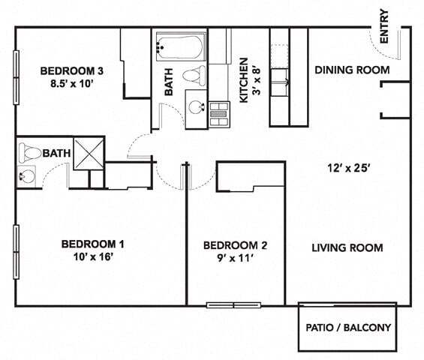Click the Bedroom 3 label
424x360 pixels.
click(71, 71)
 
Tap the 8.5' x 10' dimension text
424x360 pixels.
click(72, 84)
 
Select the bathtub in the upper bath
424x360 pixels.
click(180, 46)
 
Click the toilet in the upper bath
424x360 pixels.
click(194, 76)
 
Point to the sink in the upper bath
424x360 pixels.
click(197, 107)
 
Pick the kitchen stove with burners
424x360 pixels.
click(219, 114)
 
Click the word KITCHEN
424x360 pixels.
click(244, 80)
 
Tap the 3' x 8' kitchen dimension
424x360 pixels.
click(257, 80)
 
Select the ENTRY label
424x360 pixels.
click(384, 26)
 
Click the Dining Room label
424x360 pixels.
click(352, 70)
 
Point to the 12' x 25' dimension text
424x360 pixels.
click(348, 168)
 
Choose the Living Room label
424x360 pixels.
click(347, 247)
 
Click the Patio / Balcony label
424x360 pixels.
click(348, 328)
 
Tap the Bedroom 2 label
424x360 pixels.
click(235, 245)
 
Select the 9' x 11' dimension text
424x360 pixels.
click(235, 258)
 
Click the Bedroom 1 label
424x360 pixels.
click(93, 244)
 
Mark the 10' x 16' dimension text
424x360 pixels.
click(93, 256)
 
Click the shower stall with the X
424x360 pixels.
click(89, 154)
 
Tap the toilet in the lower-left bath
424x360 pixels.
click(29, 153)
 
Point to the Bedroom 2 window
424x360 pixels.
click(233, 305)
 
